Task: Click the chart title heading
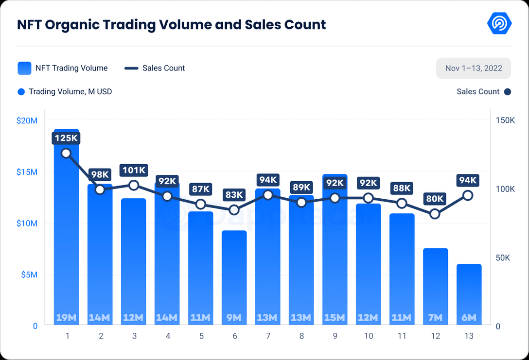pos(171,24)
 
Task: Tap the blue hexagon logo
pos(499,23)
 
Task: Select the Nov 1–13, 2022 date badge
pos(474,69)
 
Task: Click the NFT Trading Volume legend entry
pos(63,68)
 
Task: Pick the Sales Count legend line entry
pos(155,68)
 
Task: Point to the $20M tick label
pos(27,120)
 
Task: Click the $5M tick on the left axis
pos(29,275)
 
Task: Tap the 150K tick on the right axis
pos(505,120)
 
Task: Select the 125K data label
pos(66,138)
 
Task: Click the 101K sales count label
pos(134,170)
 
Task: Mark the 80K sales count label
pos(435,198)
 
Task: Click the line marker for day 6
pos(234,210)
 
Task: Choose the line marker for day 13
pos(468,195)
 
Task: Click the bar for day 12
pos(435,287)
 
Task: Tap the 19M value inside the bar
pos(66,318)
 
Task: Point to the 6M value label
pos(469,318)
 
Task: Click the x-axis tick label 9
pos(335,336)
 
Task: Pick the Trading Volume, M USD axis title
pos(70,91)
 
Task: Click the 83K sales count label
pos(234,195)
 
